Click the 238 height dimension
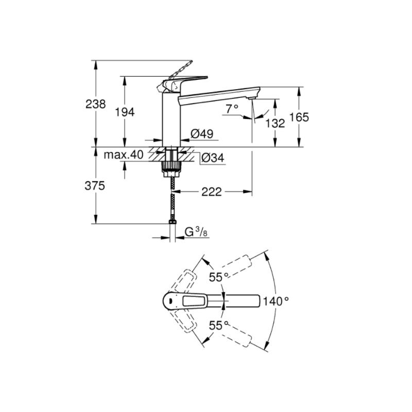(x=95, y=104)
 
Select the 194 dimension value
(x=125, y=112)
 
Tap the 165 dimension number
(x=299, y=117)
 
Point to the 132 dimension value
(x=275, y=123)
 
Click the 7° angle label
(x=232, y=109)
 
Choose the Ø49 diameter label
(x=202, y=134)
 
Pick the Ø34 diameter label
(x=213, y=158)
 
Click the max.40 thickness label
(x=124, y=155)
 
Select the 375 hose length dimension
(x=95, y=186)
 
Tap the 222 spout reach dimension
(x=212, y=192)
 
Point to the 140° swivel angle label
(x=276, y=301)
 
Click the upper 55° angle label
(x=218, y=277)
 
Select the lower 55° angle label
(x=218, y=325)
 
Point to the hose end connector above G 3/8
(x=173, y=222)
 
